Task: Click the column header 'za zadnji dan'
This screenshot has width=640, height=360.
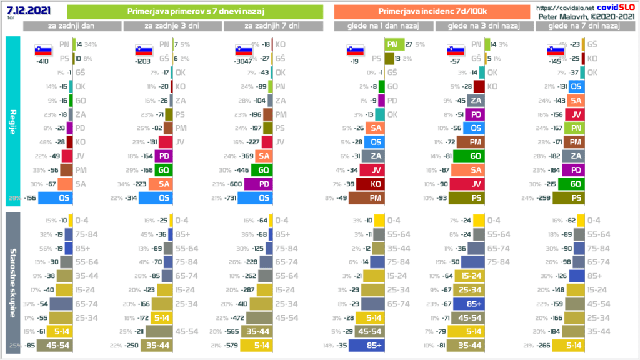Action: [x=72, y=26]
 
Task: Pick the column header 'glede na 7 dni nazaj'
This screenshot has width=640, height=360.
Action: [x=584, y=26]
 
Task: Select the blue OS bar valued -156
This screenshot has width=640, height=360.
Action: [x=56, y=198]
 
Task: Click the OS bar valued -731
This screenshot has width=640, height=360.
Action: [x=255, y=198]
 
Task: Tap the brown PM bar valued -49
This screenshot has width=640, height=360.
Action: [x=366, y=198]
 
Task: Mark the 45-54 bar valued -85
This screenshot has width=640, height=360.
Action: [x=55, y=344]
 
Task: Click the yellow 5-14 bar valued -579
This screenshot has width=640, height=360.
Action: [x=256, y=344]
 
